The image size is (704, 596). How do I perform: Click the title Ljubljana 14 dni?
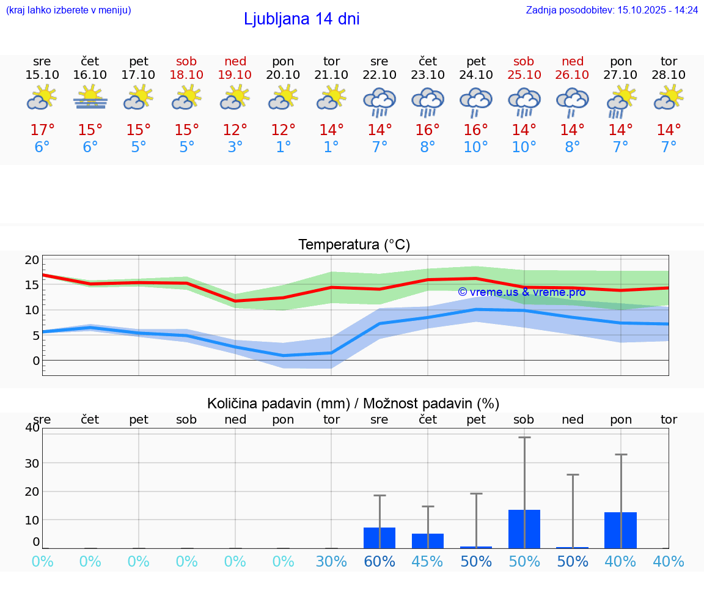coord(301,19)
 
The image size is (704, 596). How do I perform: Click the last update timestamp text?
coord(612,10)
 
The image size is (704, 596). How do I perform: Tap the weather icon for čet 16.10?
coord(90,98)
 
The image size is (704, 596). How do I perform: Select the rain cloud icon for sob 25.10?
coord(524,101)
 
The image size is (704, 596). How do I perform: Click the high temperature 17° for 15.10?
coord(42,130)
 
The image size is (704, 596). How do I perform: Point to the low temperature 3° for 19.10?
coord(235,147)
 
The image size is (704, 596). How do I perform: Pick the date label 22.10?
coord(380,75)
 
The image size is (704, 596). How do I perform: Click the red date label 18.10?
coord(187,75)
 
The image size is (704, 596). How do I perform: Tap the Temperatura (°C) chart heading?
coord(354,245)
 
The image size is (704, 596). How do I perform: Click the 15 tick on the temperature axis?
coord(32,285)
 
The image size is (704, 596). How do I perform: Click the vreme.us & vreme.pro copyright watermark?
coord(521,292)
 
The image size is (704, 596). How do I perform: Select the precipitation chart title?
coord(353,403)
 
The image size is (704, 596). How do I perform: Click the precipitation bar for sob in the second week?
coord(524,529)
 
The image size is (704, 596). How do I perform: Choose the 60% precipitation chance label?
coord(380,562)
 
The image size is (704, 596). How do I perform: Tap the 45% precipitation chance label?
coord(427,562)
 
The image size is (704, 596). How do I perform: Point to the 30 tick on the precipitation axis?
coord(32,463)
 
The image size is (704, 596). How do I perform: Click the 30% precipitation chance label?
coord(331,562)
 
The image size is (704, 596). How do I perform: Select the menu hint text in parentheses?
coord(68,10)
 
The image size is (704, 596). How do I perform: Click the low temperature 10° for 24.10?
coord(475,147)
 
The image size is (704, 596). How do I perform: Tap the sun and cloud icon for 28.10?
coord(669,98)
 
